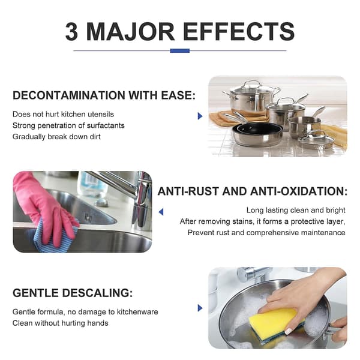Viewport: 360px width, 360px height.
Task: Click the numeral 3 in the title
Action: tap(71, 32)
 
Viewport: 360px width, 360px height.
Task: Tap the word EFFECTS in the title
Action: tap(239, 32)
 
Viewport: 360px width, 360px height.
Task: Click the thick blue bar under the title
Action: tap(180, 51)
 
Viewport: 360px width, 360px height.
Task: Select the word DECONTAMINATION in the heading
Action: tap(69, 95)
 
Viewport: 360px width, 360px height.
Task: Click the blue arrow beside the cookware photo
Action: tap(200, 116)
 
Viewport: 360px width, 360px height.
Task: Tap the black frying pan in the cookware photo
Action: tap(257, 134)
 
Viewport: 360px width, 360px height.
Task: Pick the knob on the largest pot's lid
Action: tap(252, 82)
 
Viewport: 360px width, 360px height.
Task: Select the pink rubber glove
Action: tap(44, 206)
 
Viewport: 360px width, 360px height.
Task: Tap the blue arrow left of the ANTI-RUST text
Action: tap(161, 212)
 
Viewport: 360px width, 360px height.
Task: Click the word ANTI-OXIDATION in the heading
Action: tap(299, 191)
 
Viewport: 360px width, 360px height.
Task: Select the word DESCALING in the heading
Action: tap(97, 293)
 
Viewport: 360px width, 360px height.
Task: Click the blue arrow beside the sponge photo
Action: tap(200, 308)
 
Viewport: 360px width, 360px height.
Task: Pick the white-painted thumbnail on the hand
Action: tap(289, 331)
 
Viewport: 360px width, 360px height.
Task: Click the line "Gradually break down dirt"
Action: tap(56, 137)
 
